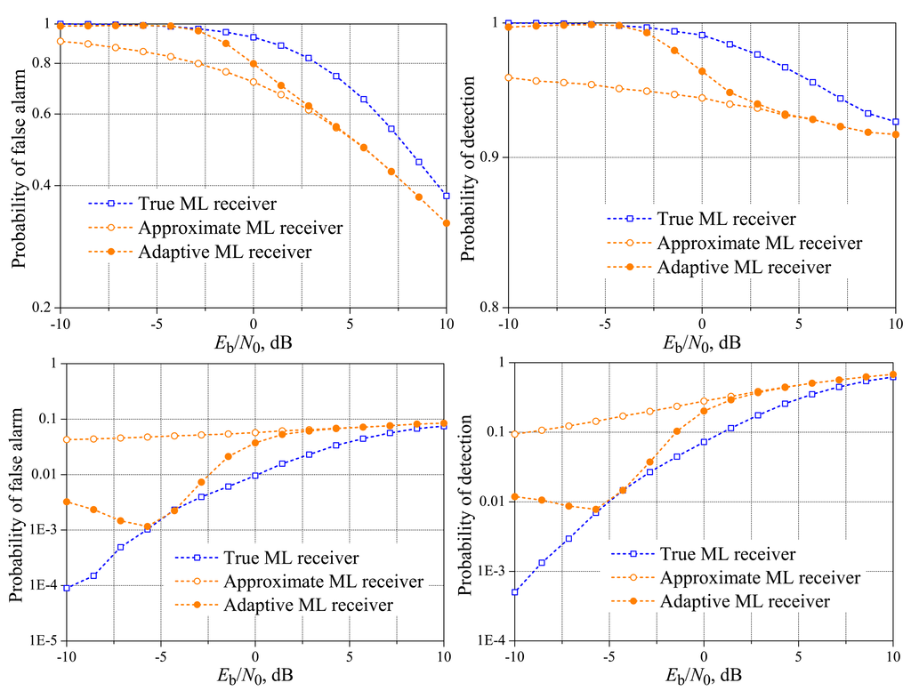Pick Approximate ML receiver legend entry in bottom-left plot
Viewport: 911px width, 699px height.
(324, 582)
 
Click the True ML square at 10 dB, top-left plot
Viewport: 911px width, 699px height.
(446, 196)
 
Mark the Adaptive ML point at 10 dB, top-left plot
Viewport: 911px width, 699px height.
(446, 223)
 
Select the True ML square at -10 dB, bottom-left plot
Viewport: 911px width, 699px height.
(67, 588)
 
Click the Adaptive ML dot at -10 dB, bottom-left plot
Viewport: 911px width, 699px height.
(67, 502)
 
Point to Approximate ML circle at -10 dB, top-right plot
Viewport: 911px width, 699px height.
(508, 77)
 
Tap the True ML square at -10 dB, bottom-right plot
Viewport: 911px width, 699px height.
(515, 592)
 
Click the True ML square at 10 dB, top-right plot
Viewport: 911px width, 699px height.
(895, 122)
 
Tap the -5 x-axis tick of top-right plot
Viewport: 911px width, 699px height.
(605, 322)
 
